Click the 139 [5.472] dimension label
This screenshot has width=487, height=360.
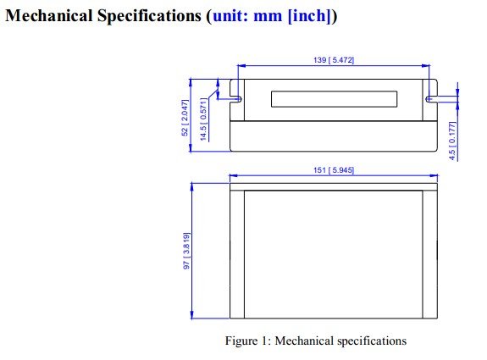point(334,59)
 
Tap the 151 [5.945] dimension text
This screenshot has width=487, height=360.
point(334,170)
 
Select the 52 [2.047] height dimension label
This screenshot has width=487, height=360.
point(185,118)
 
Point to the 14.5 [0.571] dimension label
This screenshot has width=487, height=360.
point(203,119)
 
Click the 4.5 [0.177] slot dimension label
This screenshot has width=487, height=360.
point(453,141)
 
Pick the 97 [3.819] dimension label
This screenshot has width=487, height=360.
point(186,251)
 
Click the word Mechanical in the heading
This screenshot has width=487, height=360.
point(49,15)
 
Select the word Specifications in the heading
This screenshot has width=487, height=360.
point(149,16)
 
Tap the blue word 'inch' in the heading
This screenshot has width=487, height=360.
point(309,15)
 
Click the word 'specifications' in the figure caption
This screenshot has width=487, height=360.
point(372,341)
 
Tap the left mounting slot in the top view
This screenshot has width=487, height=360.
point(235,99)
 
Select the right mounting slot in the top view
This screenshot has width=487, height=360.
point(431,99)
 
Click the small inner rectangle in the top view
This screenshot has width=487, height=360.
point(335,99)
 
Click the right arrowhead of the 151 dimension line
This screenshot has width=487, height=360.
point(434,175)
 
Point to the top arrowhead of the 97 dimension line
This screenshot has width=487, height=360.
point(191,187)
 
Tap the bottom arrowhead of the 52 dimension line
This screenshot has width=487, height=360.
point(191,147)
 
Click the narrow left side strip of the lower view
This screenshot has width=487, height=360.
point(237,254)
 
